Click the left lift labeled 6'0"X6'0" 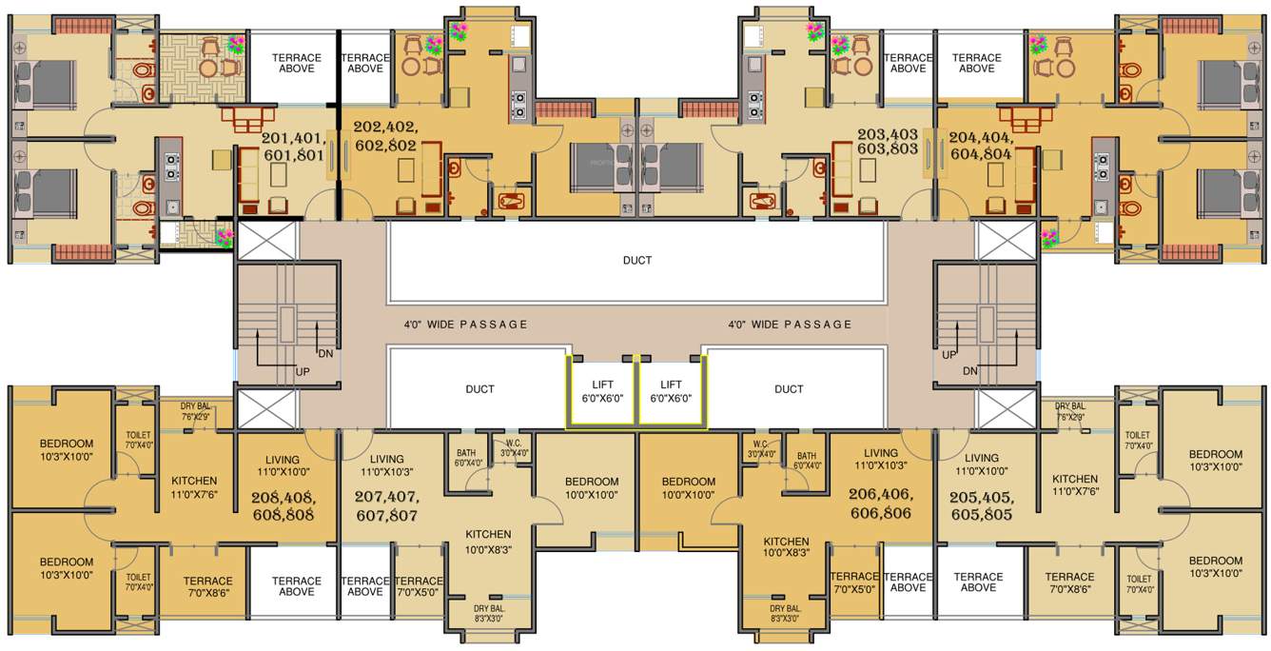click(602, 391)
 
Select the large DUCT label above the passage click(637, 260)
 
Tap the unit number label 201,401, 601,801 click(293, 148)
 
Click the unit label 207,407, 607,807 click(386, 505)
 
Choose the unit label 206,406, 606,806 click(880, 503)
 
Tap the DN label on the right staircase click(969, 371)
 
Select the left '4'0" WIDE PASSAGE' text click(465, 325)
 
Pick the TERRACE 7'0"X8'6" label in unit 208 click(207, 586)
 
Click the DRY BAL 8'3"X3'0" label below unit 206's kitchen click(785, 614)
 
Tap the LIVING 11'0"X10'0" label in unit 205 click(982, 464)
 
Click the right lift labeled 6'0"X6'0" click(671, 391)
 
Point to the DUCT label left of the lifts click(480, 388)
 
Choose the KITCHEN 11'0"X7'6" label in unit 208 click(195, 487)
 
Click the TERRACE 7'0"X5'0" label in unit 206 click(854, 582)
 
